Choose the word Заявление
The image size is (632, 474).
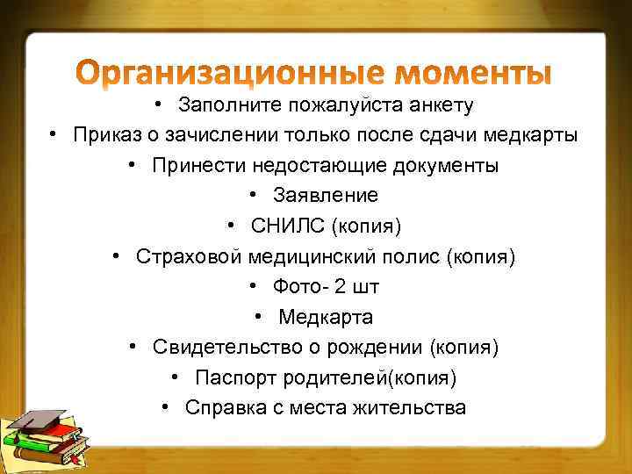(326, 196)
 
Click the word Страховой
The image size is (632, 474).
(188, 256)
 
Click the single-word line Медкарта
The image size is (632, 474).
(326, 317)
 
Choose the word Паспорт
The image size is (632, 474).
(230, 377)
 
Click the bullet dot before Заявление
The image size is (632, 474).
(253, 196)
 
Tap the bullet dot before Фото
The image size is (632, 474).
(253, 287)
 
